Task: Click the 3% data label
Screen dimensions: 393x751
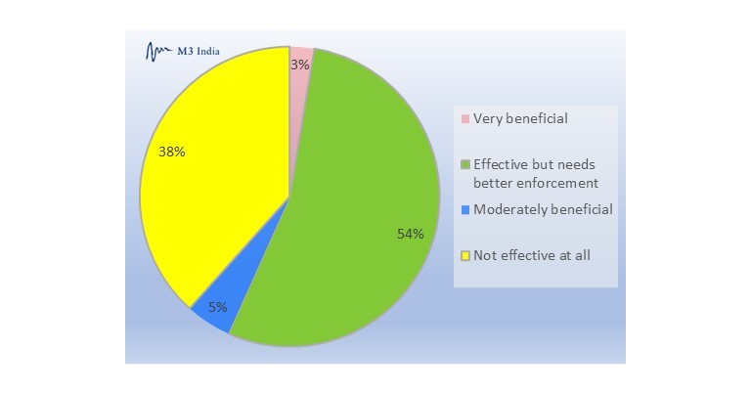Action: (x=300, y=65)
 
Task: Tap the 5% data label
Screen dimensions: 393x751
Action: (x=217, y=307)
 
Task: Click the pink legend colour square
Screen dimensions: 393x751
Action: (x=465, y=119)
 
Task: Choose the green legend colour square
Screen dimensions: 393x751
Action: (x=465, y=163)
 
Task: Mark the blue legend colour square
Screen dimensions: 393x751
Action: (x=465, y=210)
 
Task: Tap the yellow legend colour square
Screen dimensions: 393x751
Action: (x=465, y=256)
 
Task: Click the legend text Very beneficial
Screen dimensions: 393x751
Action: (x=520, y=118)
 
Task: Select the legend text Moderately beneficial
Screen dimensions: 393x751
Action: (x=543, y=209)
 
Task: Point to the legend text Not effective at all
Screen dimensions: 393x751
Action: (x=531, y=255)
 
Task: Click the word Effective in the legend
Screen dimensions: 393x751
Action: (x=499, y=163)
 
